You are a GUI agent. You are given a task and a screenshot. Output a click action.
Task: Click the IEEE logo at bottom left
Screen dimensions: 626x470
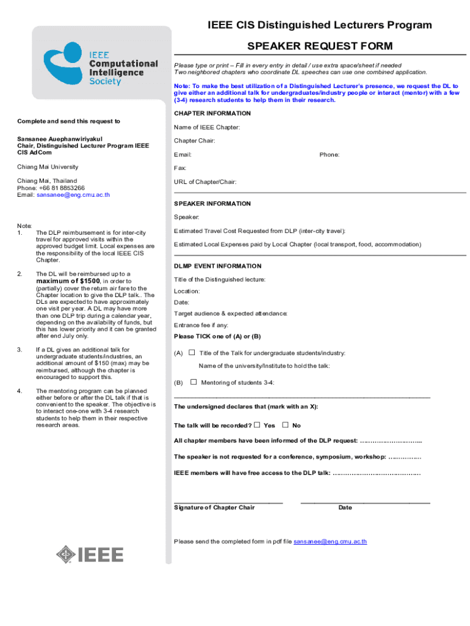(x=90, y=554)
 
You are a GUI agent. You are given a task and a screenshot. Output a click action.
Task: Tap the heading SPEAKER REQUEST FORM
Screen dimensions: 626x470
(x=311, y=46)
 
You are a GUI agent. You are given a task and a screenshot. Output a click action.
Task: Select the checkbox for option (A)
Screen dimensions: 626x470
(x=192, y=353)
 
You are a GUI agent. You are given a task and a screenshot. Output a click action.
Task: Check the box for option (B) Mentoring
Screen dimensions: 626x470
(x=193, y=382)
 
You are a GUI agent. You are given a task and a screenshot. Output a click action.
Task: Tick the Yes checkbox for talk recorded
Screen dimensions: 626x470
(x=257, y=425)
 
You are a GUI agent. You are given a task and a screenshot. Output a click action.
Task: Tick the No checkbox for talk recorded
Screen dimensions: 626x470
(x=285, y=425)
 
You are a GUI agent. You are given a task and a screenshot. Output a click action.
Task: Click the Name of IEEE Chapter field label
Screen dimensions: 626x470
(x=207, y=127)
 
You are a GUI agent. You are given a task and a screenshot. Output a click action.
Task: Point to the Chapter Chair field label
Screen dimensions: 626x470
(x=194, y=141)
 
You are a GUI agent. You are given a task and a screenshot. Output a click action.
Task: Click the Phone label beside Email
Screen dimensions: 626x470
(x=329, y=155)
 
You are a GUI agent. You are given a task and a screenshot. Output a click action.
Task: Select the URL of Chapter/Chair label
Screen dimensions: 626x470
(x=205, y=182)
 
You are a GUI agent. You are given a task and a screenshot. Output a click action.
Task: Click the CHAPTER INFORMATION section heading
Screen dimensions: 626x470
(x=212, y=114)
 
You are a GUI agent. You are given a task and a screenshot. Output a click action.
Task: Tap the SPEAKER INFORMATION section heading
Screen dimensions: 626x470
(x=212, y=204)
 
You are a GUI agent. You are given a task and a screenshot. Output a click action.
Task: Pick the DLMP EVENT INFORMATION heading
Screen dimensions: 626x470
(x=217, y=266)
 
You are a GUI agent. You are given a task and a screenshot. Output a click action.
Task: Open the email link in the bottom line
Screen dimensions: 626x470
(x=330, y=542)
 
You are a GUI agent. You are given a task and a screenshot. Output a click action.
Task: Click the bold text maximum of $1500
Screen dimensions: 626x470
(x=68, y=281)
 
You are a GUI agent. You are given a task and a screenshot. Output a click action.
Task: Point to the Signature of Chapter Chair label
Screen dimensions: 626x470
(x=214, y=507)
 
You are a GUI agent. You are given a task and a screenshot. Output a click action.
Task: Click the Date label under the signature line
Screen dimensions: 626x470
(x=345, y=507)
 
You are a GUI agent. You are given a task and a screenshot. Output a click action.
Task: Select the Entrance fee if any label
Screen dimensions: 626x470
(x=201, y=325)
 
